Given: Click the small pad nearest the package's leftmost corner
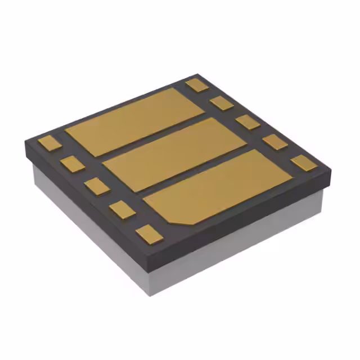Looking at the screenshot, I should coord(49,143).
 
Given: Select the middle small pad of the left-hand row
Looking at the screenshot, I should coord(97,186).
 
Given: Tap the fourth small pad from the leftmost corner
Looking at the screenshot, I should coord(123,209).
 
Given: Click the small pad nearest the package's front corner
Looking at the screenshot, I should coord(149,233).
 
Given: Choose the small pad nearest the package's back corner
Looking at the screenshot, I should coord(197,85).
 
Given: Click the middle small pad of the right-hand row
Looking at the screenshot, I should coord(247,121).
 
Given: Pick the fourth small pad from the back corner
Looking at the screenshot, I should coord(275,142).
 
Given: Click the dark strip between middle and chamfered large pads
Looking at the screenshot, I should coord(194,172).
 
